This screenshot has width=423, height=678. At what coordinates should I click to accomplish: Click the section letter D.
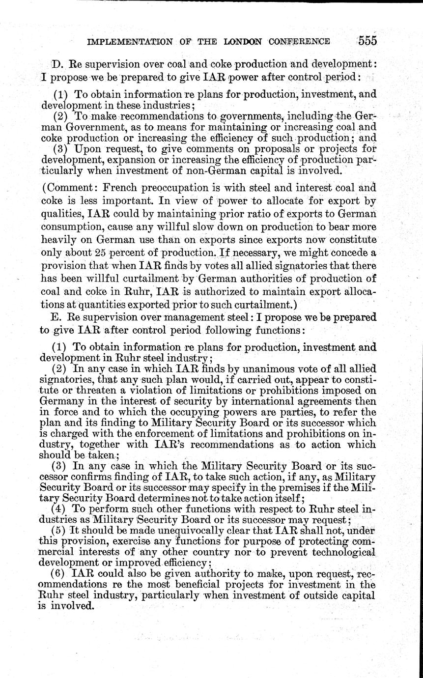pos(55,64)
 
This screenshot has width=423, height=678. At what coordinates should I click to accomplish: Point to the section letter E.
pos(55,317)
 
